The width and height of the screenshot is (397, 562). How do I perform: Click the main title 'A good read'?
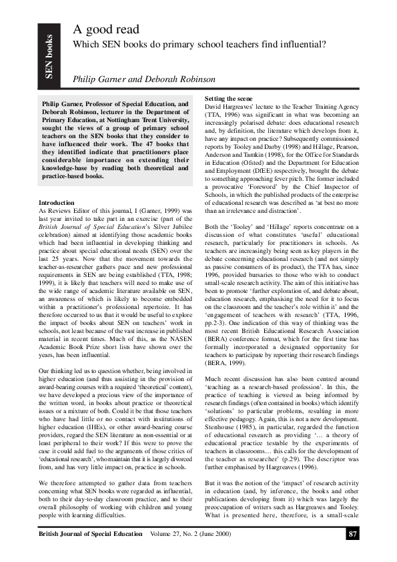(x=107, y=29)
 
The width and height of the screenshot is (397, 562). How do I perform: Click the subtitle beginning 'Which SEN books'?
(x=200, y=45)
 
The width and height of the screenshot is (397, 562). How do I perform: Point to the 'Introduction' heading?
(x=57, y=202)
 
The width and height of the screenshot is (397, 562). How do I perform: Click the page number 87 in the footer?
(x=354, y=534)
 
